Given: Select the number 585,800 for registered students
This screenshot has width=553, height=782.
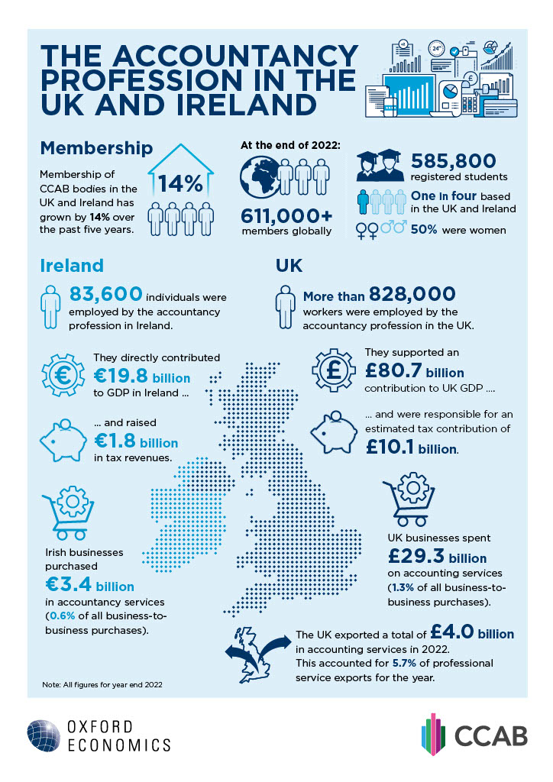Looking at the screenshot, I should pyautogui.click(x=454, y=162).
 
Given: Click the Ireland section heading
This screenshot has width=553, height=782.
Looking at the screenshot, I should pyautogui.click(x=72, y=265).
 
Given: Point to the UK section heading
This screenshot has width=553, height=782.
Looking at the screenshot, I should pyautogui.click(x=288, y=265).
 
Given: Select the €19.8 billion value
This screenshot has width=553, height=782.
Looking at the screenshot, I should pyautogui.click(x=141, y=377).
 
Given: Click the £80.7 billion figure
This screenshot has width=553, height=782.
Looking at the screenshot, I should pyautogui.click(x=414, y=372).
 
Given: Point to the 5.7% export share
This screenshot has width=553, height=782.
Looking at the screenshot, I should pyautogui.click(x=420, y=661).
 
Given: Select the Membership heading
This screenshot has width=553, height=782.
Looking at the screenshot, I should pyautogui.click(x=96, y=147).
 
